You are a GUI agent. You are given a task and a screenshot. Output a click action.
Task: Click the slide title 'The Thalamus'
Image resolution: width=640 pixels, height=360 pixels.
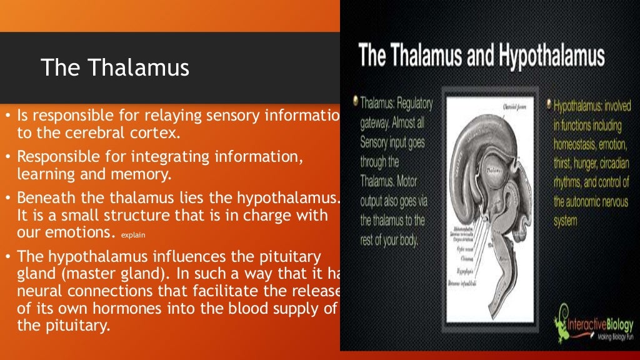115,67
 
